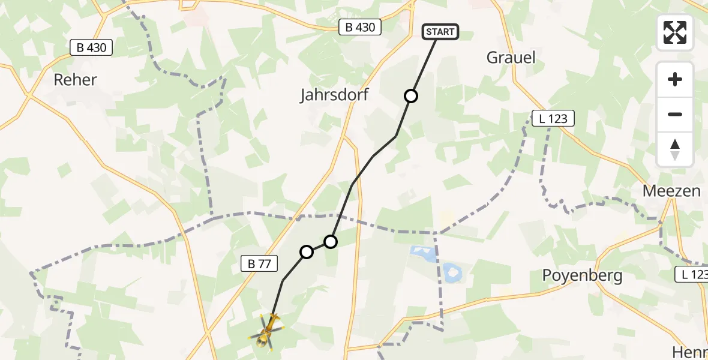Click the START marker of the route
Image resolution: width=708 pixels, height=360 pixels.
pyautogui.click(x=441, y=32)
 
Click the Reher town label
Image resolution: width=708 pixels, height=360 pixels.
pyautogui.click(x=75, y=79)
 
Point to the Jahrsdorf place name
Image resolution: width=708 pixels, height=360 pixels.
pyautogui.click(x=334, y=95)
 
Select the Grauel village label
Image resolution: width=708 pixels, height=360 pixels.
pyautogui.click(x=511, y=58)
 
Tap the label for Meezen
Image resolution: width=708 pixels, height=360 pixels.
pyautogui.click(x=671, y=191)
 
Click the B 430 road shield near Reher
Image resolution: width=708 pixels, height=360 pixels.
pyautogui.click(x=92, y=47)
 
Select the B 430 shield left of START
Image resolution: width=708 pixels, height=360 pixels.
pyautogui.click(x=360, y=27)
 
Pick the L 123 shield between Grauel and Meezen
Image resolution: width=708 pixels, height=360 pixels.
pyautogui.click(x=553, y=118)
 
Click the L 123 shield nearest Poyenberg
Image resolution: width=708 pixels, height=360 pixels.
pyautogui.click(x=692, y=274)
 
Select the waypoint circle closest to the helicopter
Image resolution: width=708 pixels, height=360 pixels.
pyautogui.click(x=307, y=252)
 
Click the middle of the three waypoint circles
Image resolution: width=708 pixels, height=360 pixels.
pyautogui.click(x=331, y=242)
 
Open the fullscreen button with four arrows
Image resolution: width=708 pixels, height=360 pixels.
pyautogui.click(x=675, y=32)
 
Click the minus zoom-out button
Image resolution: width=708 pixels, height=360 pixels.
pyautogui.click(x=675, y=114)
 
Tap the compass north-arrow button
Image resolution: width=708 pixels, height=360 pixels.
pyautogui.click(x=675, y=149)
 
